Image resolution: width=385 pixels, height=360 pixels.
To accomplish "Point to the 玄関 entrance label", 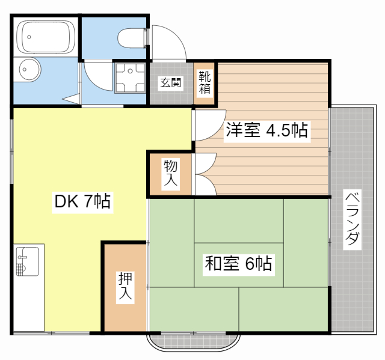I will click(x=170, y=83).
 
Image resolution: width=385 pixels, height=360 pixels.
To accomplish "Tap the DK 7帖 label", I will click(x=82, y=202).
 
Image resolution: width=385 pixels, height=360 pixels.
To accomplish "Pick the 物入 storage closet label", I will click(x=171, y=174).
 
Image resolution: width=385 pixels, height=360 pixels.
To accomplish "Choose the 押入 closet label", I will click(x=125, y=287).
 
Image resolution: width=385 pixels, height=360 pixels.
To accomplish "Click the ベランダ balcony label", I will click(x=353, y=219).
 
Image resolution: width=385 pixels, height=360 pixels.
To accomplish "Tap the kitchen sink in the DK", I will click(x=27, y=262).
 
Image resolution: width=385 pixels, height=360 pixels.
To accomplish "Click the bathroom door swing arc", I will click(x=97, y=75).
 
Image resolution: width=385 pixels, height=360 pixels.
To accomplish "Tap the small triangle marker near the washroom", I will click(x=72, y=99).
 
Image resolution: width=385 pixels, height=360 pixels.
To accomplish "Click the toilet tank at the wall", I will click(x=146, y=37).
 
